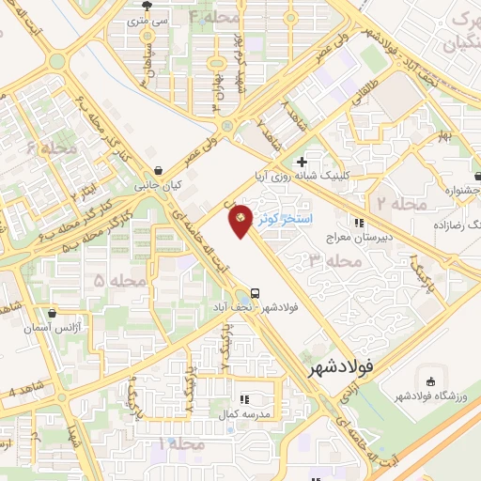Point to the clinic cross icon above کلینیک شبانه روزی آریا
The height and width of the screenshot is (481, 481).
(x=302, y=163)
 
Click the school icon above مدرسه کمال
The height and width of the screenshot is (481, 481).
(x=245, y=397)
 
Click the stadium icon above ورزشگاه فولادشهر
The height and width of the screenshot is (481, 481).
(x=430, y=381)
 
